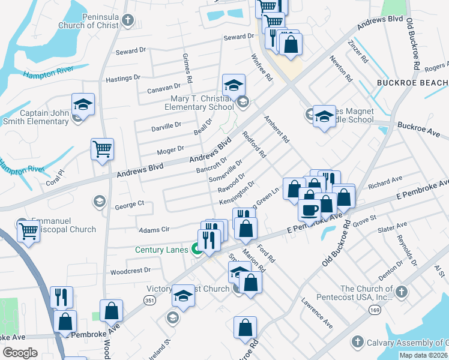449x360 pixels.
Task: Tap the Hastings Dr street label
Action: pos(122,78)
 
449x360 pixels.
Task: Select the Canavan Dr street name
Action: pos(163,89)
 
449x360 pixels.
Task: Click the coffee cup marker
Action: pos(310,211)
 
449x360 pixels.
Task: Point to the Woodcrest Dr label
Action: pos(130,271)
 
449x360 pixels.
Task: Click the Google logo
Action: pos(20,353)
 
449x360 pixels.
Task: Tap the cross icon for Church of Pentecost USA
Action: pos(402,292)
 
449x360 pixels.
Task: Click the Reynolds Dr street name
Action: pos(403,248)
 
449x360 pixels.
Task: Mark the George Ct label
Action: pos(129,205)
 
